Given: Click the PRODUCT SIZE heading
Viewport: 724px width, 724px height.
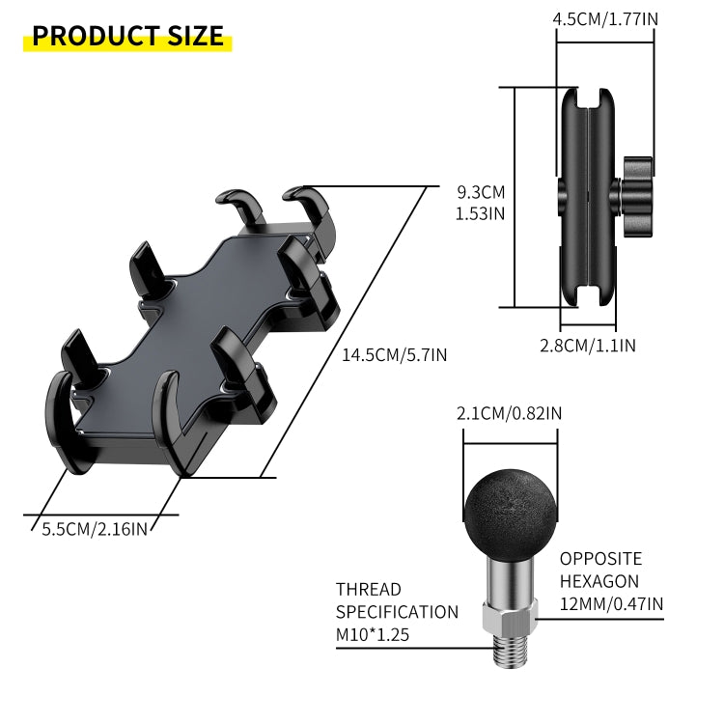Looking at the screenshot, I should [x=128, y=36].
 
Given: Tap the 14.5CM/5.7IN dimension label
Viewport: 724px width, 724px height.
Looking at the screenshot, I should [x=394, y=354].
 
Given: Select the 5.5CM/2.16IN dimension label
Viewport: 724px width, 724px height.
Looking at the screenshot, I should [x=95, y=528].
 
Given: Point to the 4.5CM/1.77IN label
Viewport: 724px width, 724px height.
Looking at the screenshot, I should [x=604, y=18].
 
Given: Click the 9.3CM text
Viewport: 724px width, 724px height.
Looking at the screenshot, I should [x=480, y=191].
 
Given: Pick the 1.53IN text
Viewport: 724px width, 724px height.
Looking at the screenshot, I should [x=480, y=213].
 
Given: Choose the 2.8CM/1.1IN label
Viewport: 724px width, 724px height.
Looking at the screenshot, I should [x=587, y=345].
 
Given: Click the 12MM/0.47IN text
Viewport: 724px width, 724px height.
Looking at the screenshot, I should [x=611, y=604].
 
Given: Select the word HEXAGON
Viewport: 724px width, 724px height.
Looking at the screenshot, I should [x=599, y=581].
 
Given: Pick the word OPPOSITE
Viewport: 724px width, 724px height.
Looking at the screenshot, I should [x=600, y=559].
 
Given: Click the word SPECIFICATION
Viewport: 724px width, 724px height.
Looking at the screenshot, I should [x=397, y=612].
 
